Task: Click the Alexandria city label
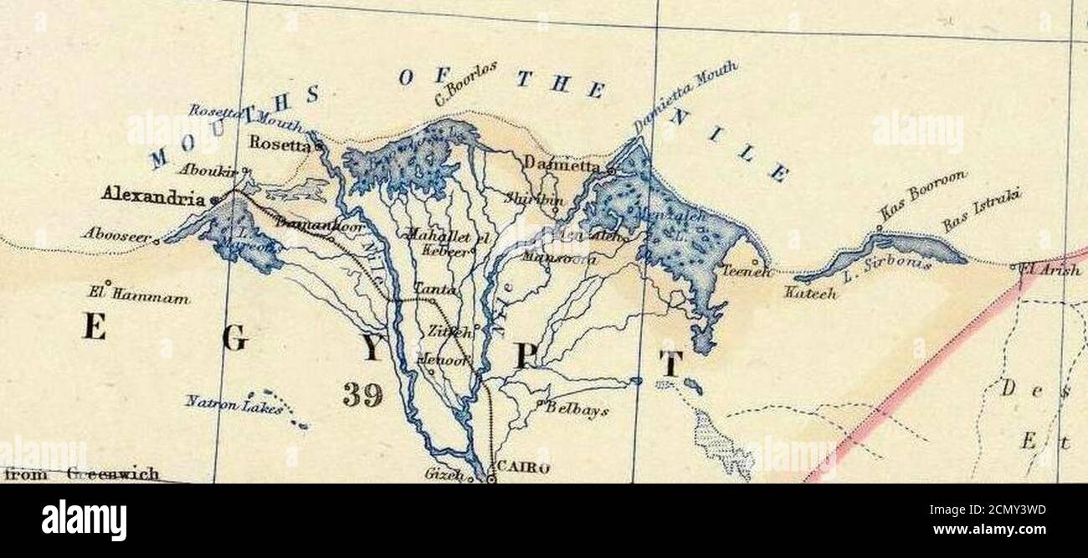[152, 198]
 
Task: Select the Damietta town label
[562, 166]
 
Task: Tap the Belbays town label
[577, 411]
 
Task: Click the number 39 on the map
[362, 395]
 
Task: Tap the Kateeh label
[810, 294]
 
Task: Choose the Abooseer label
[116, 236]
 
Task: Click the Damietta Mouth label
[685, 98]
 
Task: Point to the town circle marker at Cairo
[492, 479]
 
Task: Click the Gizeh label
[444, 474]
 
